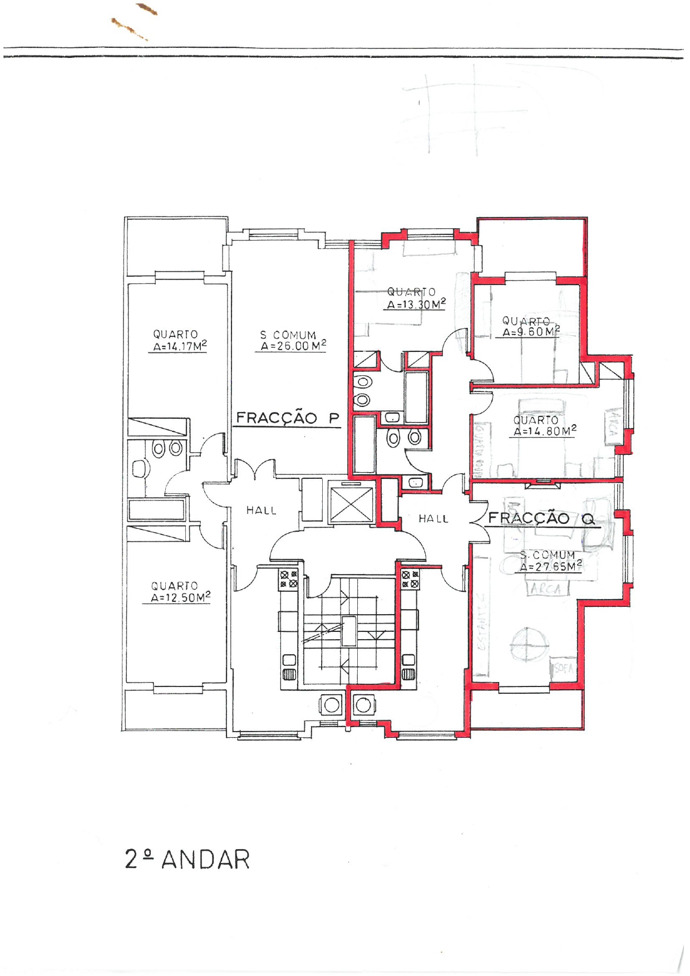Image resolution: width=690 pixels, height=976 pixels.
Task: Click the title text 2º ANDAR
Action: (188, 860)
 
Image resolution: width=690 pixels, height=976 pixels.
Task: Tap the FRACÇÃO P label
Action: (287, 418)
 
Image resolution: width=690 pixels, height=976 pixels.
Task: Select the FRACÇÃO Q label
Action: (541, 519)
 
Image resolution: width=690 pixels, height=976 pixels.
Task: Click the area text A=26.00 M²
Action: (293, 346)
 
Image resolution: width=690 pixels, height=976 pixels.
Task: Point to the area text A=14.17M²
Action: (180, 346)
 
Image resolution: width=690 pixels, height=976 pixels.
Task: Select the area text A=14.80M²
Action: (544, 431)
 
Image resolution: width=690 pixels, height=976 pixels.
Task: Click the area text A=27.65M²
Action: (550, 567)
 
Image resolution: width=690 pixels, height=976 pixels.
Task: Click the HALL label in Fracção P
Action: (262, 510)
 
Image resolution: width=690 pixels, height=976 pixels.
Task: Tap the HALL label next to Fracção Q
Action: (433, 519)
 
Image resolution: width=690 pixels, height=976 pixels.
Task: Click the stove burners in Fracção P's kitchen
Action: (289, 579)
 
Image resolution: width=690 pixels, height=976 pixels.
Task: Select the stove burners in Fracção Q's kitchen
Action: (410, 579)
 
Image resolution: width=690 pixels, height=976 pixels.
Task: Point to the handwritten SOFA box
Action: (563, 668)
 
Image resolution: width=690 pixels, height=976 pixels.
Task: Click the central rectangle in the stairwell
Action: (349, 631)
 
